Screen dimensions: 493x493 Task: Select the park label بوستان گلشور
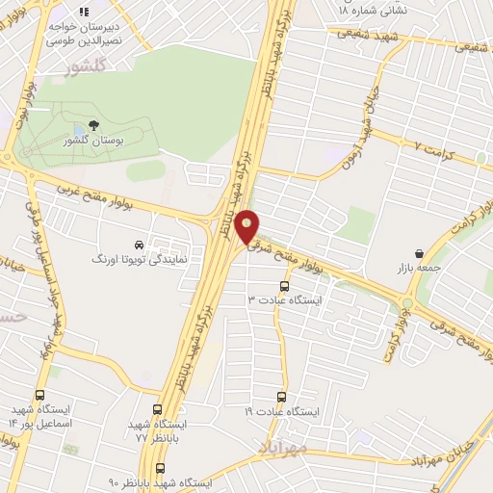[94, 142]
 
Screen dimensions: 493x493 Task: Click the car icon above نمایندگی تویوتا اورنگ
[140, 244]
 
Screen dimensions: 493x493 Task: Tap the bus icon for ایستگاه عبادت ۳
[283, 286]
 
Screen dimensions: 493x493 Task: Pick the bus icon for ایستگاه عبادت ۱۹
[281, 396]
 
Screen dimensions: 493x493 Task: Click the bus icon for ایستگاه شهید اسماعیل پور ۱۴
[39, 395]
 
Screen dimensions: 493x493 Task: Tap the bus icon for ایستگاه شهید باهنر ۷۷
[158, 408]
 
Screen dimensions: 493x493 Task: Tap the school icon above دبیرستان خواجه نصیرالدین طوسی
[84, 12]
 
